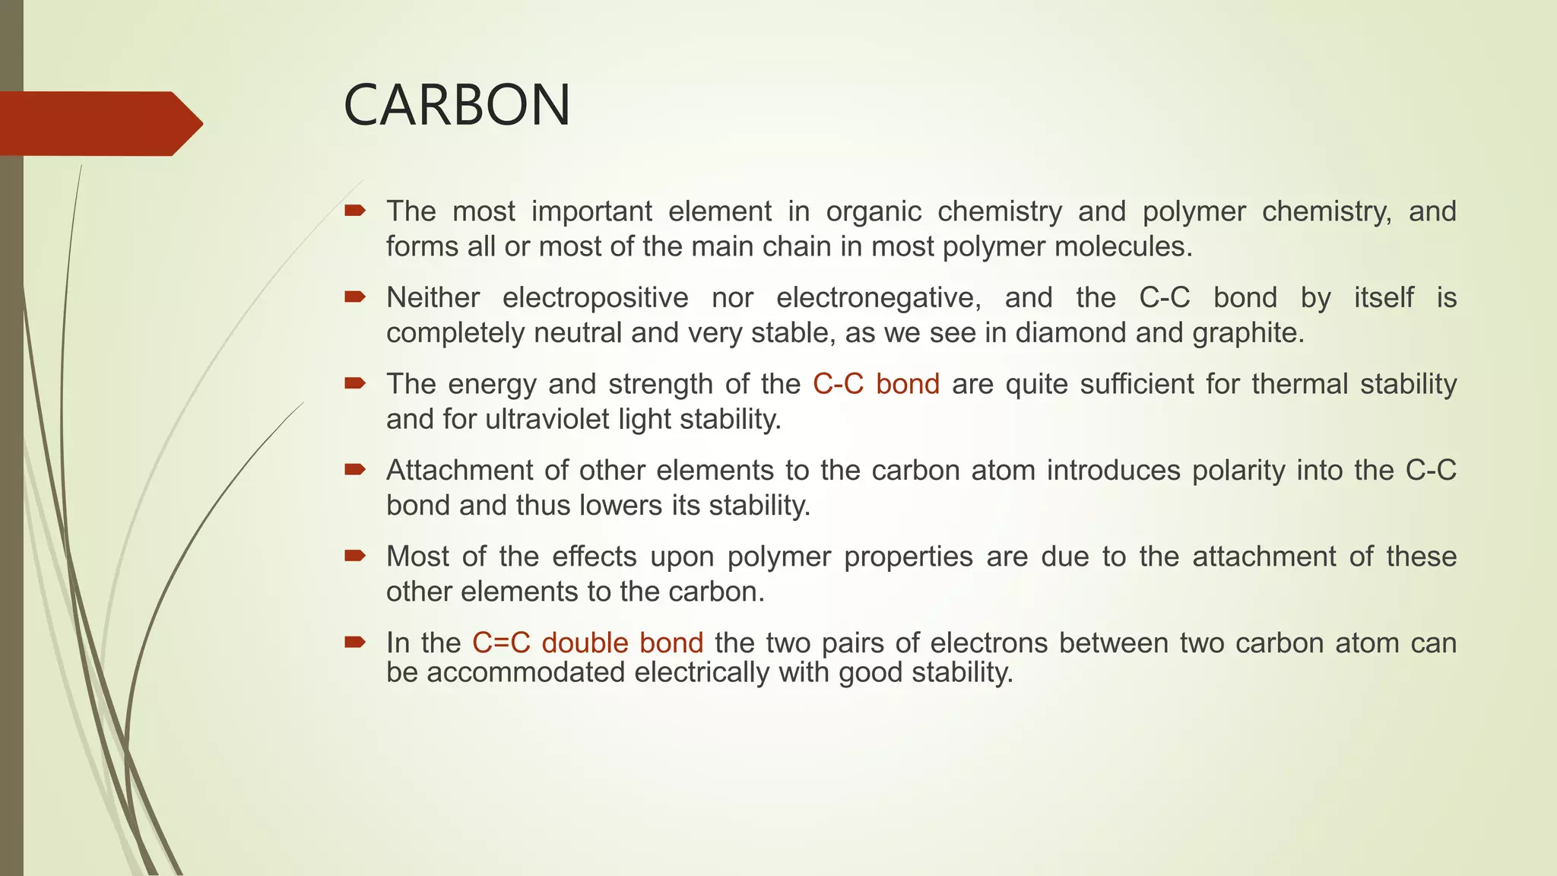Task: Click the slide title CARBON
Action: pos(457,105)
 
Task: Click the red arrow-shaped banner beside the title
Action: pos(99,123)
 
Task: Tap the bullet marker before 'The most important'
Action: pos(355,210)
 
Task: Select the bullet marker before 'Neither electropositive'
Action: pos(355,297)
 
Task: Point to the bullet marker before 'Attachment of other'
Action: pos(355,469)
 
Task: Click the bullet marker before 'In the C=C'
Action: pos(355,643)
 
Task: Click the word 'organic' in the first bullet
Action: pos(874,211)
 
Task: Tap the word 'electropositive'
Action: pos(595,297)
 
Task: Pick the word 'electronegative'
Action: pos(878,297)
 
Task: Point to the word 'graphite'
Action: pos(1248,333)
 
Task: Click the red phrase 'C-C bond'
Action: pos(876,384)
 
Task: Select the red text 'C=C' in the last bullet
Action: pos(501,643)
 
